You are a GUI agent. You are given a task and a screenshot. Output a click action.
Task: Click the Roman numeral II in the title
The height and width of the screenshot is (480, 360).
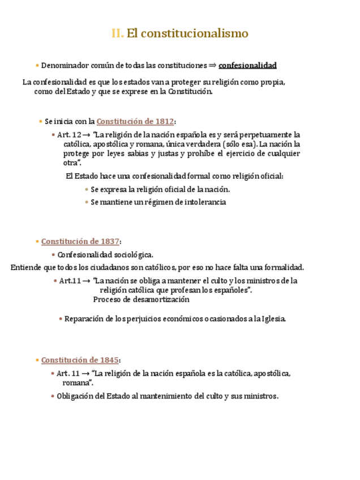(117, 33)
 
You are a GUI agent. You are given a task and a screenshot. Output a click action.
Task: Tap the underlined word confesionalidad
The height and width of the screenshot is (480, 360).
(247, 65)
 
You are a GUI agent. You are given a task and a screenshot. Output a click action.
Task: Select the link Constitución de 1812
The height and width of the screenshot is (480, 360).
(135, 121)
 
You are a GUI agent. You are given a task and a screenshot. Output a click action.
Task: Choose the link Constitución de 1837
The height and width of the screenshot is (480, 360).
(80, 241)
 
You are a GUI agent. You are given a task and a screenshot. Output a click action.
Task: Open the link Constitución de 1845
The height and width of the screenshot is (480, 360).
(80, 360)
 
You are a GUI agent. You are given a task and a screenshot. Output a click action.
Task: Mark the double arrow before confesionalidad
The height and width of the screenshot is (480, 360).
(212, 65)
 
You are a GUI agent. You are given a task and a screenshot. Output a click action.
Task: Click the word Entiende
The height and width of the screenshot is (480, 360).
(25, 268)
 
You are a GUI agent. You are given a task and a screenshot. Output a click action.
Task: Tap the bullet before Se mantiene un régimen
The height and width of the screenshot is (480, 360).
(87, 202)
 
